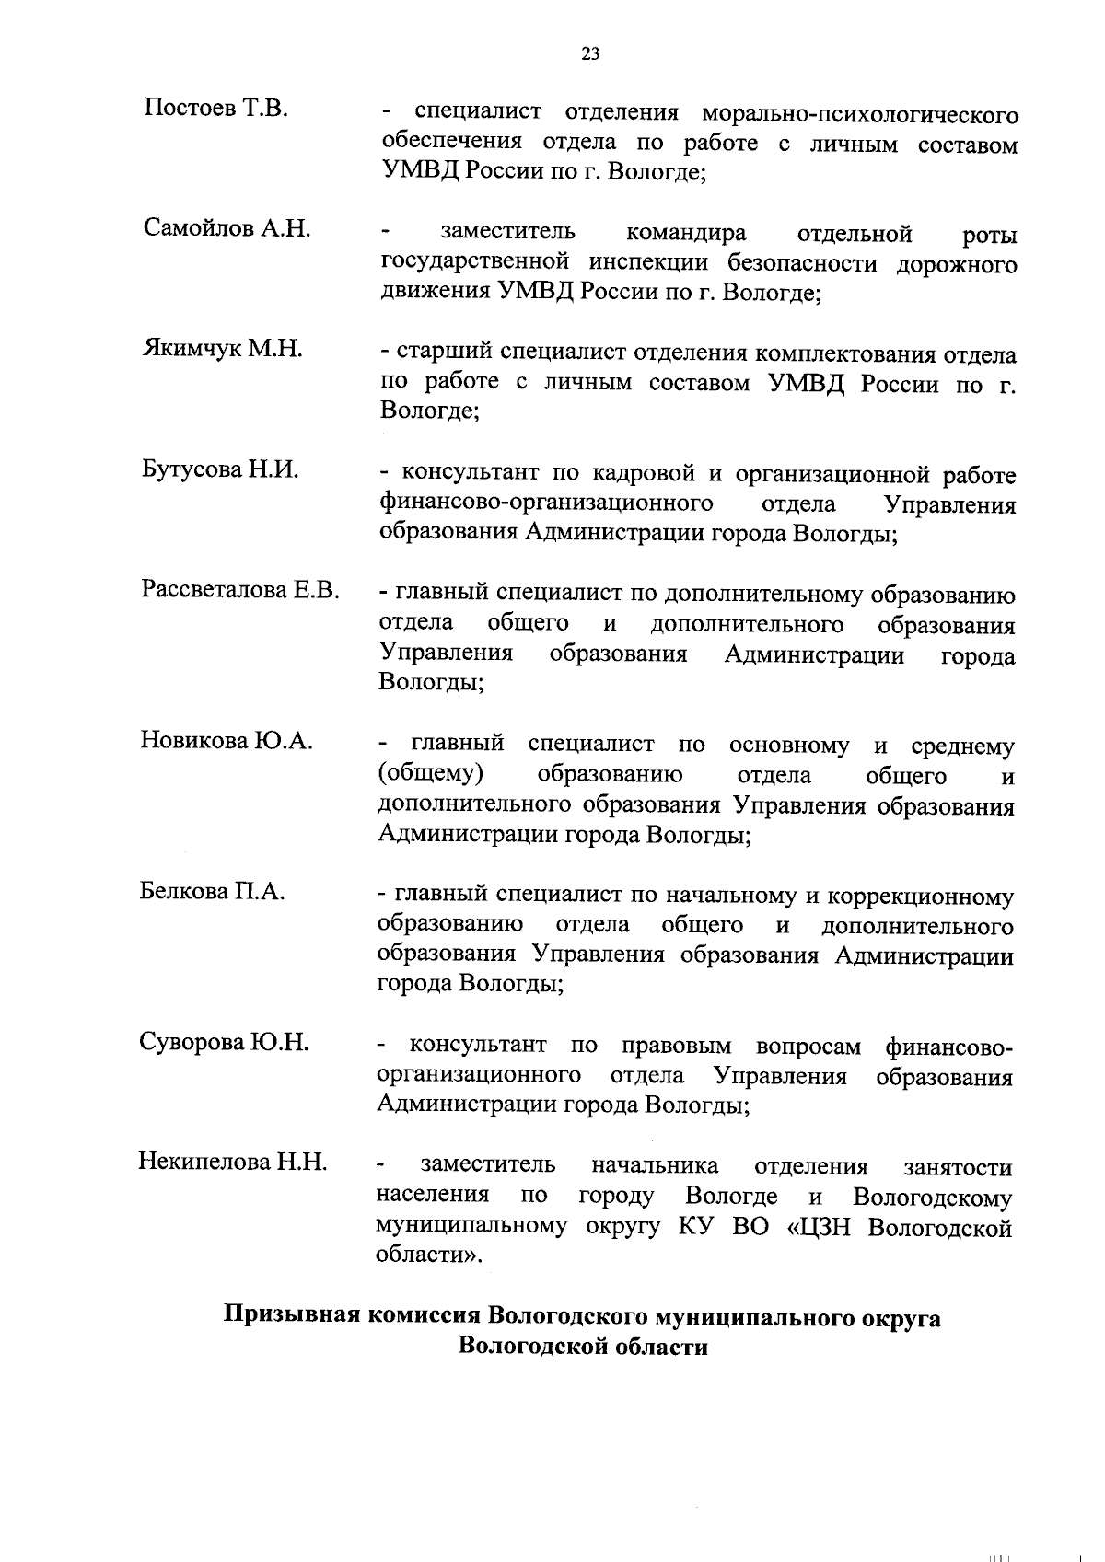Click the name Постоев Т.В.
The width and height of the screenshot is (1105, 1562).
click(216, 109)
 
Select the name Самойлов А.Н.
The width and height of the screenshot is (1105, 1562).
click(227, 228)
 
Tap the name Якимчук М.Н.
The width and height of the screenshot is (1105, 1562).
click(223, 349)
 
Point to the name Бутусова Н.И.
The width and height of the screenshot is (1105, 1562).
click(221, 469)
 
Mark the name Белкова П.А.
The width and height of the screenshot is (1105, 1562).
click(213, 891)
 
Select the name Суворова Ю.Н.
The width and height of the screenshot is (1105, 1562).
click(224, 1042)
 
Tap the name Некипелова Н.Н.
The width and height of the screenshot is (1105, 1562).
click(233, 1163)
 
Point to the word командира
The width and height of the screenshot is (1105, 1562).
click(686, 234)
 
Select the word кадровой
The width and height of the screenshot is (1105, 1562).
click(642, 475)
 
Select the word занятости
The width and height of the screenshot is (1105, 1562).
click(959, 1168)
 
